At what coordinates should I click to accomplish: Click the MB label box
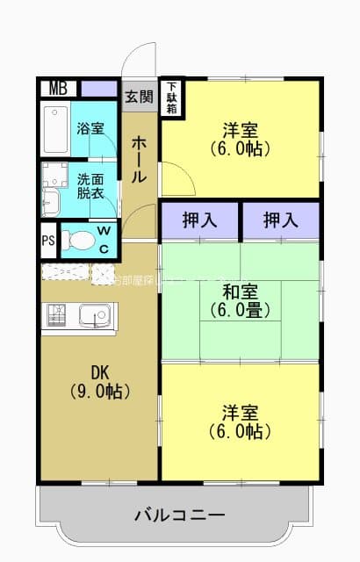(x=58, y=89)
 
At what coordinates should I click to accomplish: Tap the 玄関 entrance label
(x=139, y=96)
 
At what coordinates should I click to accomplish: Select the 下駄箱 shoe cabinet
(x=173, y=97)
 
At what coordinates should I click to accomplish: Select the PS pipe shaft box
(x=47, y=239)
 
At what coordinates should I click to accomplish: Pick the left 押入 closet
(x=200, y=220)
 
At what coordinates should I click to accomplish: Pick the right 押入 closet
(x=282, y=220)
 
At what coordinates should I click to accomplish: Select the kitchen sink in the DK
(x=93, y=314)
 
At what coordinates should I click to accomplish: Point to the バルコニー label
(x=179, y=515)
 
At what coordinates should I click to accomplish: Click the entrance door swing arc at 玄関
(x=140, y=63)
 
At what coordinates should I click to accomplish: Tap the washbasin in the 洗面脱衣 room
(x=49, y=201)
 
